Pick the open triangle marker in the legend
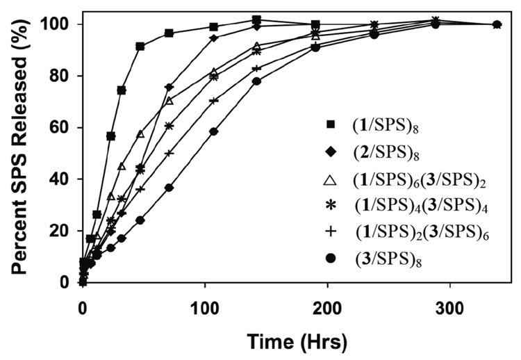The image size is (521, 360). tap(330, 179)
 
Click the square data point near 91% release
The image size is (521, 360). tap(140, 47)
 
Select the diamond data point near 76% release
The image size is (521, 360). tap(169, 87)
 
